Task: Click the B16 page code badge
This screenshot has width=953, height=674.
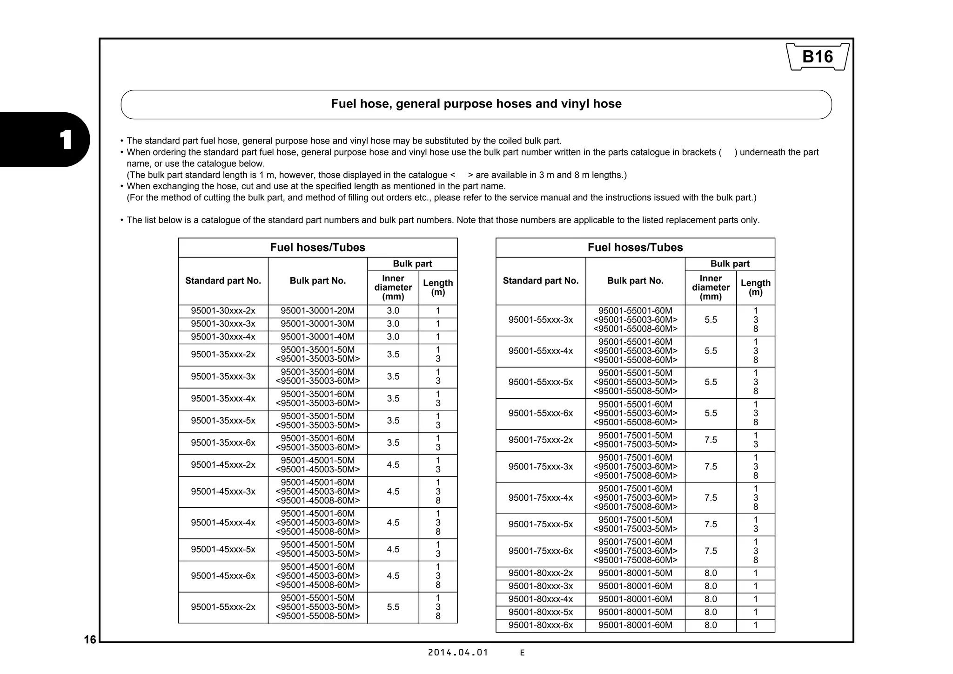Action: tap(818, 57)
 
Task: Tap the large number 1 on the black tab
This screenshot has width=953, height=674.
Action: tap(66, 140)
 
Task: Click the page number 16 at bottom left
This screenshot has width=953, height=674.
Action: tap(90, 640)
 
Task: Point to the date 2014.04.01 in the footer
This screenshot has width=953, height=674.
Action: tap(458, 653)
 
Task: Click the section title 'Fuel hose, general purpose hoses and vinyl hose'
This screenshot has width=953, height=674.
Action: tap(476, 104)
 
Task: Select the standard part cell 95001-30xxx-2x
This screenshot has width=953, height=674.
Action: tap(223, 311)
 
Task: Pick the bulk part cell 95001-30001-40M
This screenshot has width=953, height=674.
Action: tap(317, 337)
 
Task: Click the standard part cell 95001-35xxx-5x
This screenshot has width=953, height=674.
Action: tap(223, 421)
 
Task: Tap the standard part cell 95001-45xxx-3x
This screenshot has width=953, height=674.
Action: tap(223, 491)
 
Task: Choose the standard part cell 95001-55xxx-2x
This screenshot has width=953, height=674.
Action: tap(223, 607)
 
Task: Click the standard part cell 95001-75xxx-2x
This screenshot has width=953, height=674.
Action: tap(540, 440)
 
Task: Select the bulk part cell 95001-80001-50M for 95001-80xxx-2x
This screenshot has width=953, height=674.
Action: tap(635, 573)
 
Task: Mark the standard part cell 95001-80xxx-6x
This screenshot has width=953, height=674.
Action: tap(540, 625)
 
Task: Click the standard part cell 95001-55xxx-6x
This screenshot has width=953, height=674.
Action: tap(540, 413)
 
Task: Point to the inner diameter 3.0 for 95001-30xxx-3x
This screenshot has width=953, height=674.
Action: tap(393, 324)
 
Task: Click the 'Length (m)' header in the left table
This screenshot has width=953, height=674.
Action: tap(437, 287)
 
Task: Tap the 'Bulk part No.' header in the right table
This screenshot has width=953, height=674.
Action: tap(635, 280)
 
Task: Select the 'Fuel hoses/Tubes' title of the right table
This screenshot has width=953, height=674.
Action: tap(635, 247)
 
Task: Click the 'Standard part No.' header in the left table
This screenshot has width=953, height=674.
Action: tap(223, 280)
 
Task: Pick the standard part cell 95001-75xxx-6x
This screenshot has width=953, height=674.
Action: tap(540, 551)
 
